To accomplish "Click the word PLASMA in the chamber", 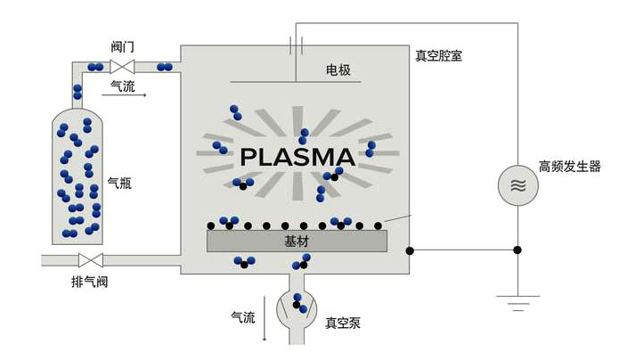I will (297, 157).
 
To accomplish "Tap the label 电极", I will (338, 70).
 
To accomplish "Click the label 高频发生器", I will (570, 167).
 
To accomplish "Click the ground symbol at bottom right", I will (518, 301).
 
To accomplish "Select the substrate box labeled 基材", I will (297, 241).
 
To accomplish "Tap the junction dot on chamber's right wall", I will (410, 250).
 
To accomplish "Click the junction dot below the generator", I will (518, 250).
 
